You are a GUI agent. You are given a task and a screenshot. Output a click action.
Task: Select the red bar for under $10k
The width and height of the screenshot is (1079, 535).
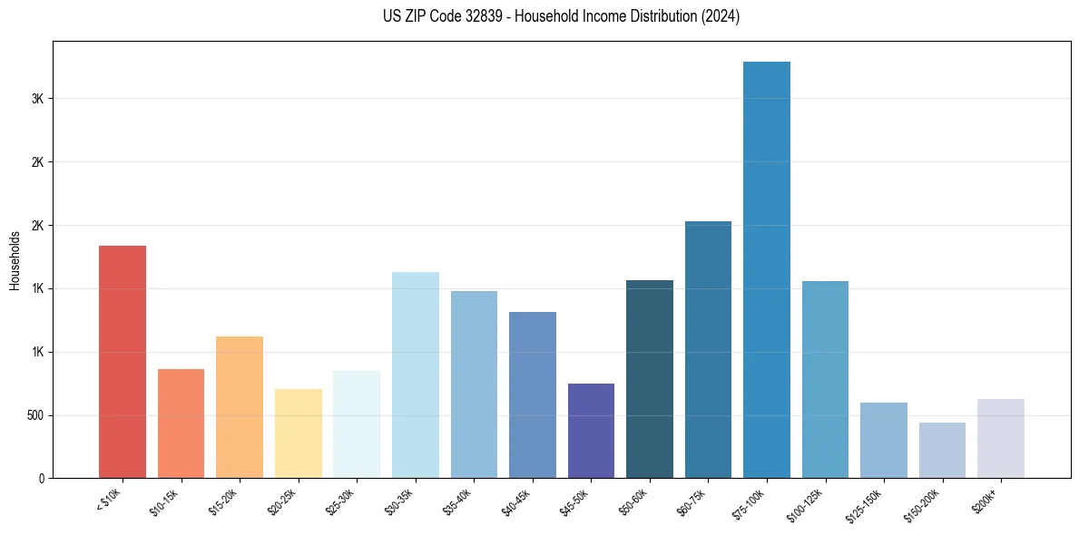pyautogui.click(x=122, y=362)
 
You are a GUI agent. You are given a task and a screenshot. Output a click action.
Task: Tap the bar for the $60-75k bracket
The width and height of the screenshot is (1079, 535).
pyautogui.click(x=708, y=349)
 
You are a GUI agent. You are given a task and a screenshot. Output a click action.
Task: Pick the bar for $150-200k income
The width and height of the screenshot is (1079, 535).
pyautogui.click(x=942, y=450)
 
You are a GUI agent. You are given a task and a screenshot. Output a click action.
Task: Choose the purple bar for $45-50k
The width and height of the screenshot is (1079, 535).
pyautogui.click(x=591, y=431)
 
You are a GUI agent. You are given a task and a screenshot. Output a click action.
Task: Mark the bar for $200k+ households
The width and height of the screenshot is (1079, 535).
pyautogui.click(x=1000, y=438)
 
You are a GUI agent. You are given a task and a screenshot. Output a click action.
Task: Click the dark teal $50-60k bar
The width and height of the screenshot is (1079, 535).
pyautogui.click(x=649, y=379)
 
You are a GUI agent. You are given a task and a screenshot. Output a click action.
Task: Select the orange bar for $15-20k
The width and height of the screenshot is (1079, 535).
pyautogui.click(x=240, y=407)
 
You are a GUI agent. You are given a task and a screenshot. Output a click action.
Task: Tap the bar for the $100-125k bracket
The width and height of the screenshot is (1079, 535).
pyautogui.click(x=825, y=379)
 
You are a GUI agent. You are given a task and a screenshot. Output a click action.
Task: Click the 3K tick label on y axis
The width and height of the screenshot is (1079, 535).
pyautogui.click(x=36, y=99)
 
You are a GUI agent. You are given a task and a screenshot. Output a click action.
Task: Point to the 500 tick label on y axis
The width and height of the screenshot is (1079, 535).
pyautogui.click(x=33, y=415)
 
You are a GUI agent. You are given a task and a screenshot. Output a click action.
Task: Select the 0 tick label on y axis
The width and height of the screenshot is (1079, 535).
pyautogui.click(x=41, y=478)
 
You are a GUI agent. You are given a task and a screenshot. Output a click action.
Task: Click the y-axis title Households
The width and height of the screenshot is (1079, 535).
pyautogui.click(x=15, y=260)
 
